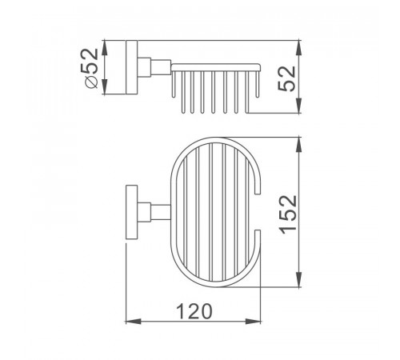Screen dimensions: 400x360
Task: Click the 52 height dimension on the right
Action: (x=286, y=78)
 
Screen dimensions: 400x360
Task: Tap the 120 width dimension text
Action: (x=194, y=311)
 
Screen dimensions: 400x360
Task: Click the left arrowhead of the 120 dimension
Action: (x=133, y=322)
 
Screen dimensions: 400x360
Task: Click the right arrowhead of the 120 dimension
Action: (x=253, y=322)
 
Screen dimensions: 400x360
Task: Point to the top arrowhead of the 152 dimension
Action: (x=299, y=145)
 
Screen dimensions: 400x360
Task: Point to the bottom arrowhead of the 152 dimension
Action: (x=299, y=279)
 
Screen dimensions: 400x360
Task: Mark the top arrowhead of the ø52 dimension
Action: (x=105, y=48)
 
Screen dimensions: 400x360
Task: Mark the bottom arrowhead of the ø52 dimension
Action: (x=105, y=86)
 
